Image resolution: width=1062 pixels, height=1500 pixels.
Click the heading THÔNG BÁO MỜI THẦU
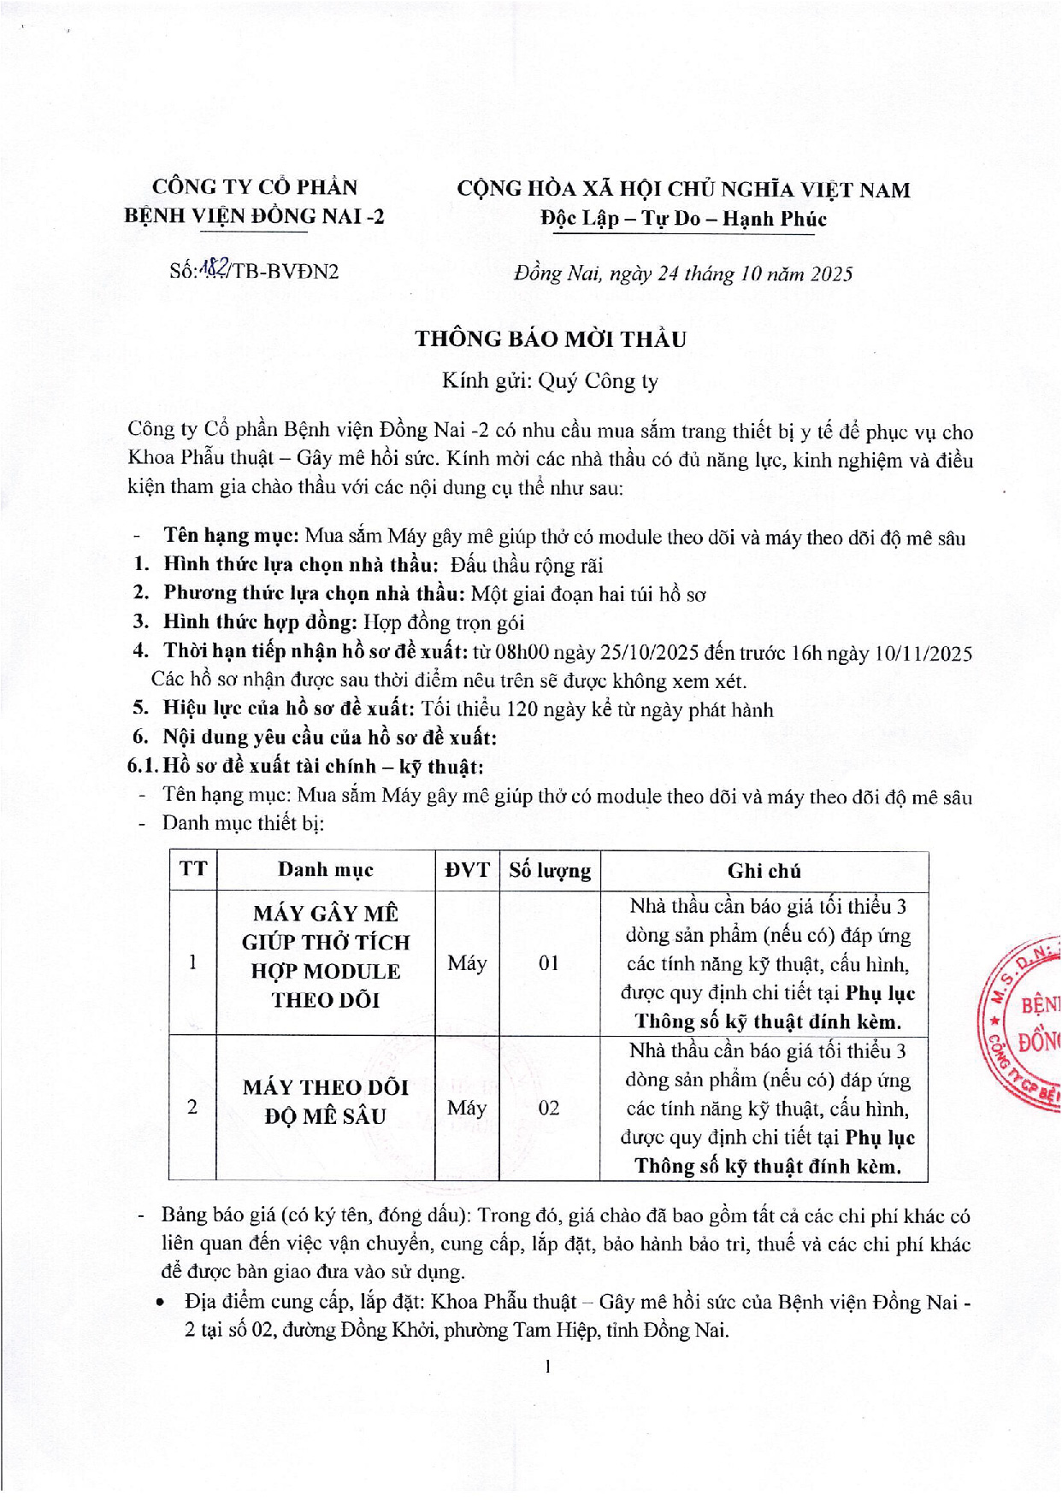pos(551,339)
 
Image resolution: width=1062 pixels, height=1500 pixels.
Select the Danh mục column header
pos(325,870)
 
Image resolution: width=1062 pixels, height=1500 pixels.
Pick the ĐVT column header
pos(467,870)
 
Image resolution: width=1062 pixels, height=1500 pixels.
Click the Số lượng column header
pos(549,870)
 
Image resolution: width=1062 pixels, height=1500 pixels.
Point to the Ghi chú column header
pos(764,870)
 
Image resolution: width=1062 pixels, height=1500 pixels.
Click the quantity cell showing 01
pos(549,963)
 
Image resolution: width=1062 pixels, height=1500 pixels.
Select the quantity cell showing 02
pos(549,1108)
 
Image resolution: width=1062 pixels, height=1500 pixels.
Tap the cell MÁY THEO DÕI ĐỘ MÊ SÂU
pos(325,1101)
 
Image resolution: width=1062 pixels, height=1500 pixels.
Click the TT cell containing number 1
pos(193,962)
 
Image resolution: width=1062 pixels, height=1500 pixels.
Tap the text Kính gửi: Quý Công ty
pos(550,381)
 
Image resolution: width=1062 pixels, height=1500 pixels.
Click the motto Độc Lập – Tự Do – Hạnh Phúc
pos(683,219)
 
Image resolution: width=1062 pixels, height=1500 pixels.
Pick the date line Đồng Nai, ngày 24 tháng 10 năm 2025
pos(683,274)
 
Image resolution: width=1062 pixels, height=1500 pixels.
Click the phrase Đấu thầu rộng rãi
pos(528,565)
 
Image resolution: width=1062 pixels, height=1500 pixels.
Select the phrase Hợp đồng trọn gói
pos(444,622)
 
